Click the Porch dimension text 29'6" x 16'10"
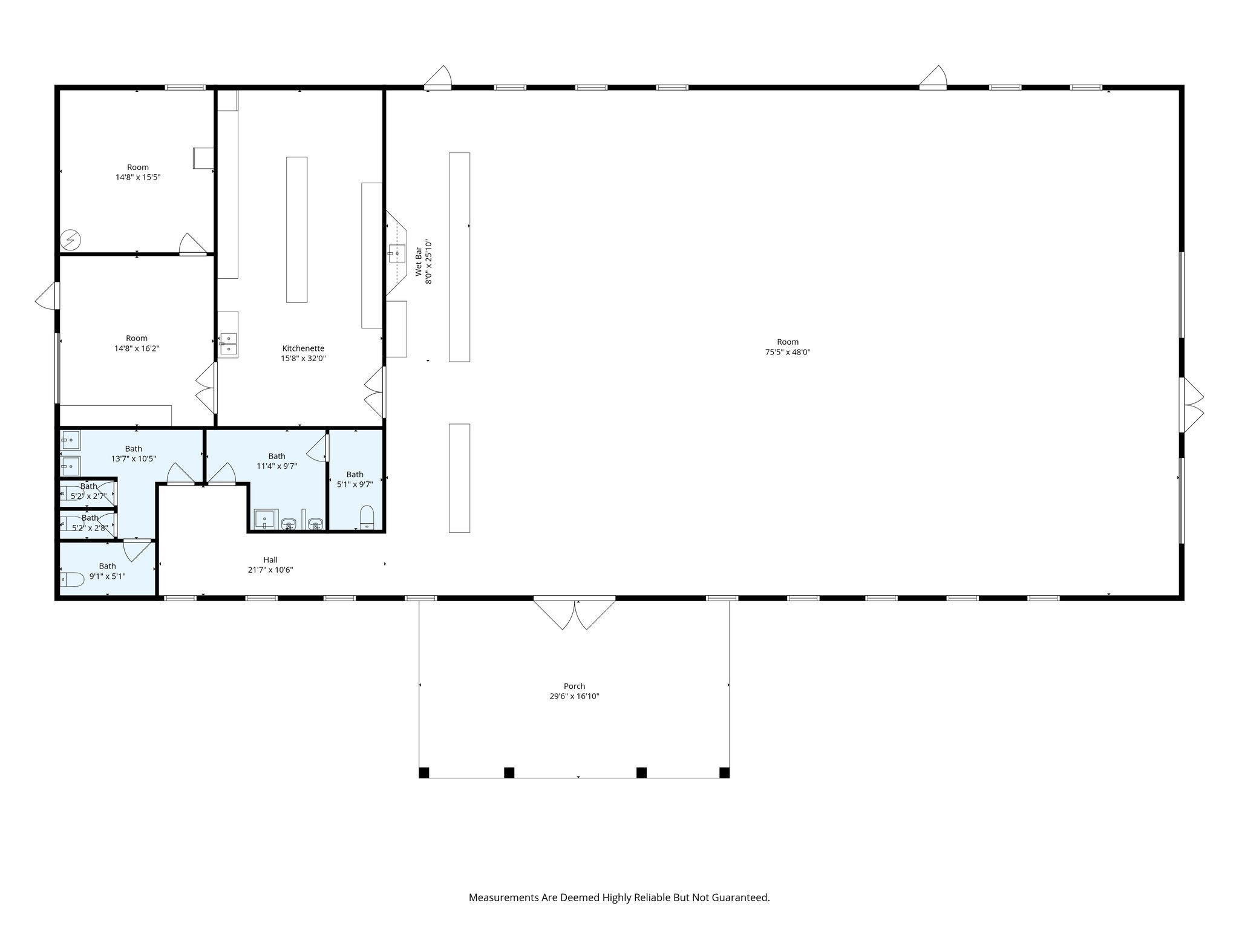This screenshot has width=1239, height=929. coord(574,696)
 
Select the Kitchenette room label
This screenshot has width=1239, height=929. coord(303,348)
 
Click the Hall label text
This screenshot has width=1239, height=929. coord(270,560)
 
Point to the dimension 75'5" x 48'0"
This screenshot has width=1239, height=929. coord(787,352)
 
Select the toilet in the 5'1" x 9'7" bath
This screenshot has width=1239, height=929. coord(367,518)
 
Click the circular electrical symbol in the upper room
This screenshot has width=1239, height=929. coord(71,240)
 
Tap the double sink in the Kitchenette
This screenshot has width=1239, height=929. coord(228,343)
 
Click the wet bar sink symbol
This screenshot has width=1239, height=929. coord(397,253)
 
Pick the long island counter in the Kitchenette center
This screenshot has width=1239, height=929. coord(296,230)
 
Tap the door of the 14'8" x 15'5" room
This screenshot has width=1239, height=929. coord(193,244)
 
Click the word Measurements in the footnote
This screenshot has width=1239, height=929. coord(503,898)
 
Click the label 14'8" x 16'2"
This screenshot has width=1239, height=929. coord(137,348)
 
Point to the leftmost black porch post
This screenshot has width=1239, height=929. coord(424,772)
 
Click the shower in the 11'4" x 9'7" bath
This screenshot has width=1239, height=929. coord(264,520)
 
